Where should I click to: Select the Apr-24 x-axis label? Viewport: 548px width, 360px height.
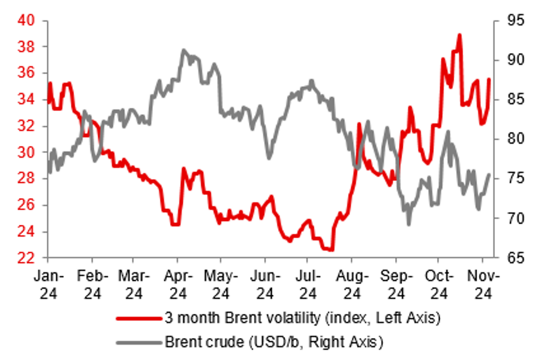click(x=179, y=284)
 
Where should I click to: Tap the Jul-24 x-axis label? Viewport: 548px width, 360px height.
click(x=309, y=284)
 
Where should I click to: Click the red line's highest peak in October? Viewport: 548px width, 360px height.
click(x=460, y=35)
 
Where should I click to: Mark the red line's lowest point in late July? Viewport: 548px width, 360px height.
click(x=331, y=249)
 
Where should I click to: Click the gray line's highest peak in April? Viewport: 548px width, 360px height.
click(x=183, y=50)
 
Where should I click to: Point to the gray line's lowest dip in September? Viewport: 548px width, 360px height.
click(x=409, y=224)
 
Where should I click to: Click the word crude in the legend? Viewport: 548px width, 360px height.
click(x=223, y=341)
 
